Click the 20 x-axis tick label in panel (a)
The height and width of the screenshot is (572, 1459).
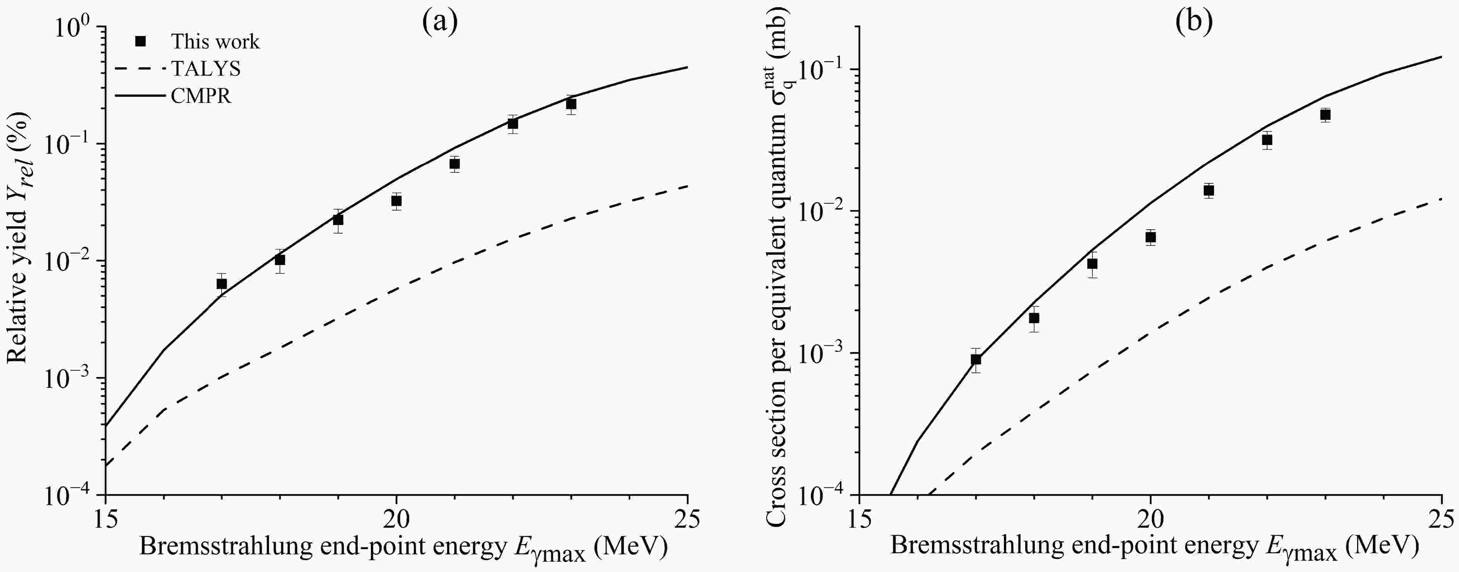tap(396, 520)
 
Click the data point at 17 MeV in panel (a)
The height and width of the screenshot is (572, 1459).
tap(222, 284)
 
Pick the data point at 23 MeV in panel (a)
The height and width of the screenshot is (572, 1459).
tap(571, 104)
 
